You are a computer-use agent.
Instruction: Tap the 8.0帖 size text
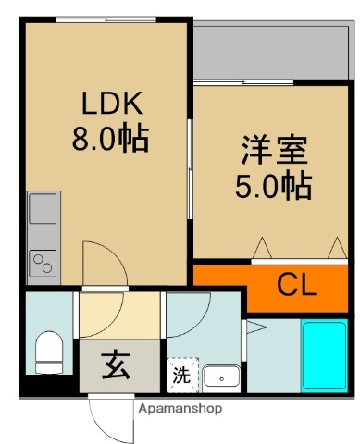click(x=109, y=141)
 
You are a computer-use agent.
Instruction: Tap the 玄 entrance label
click(x=116, y=366)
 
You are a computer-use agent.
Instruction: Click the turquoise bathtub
click(x=323, y=356)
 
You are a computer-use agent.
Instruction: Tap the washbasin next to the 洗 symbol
click(x=221, y=376)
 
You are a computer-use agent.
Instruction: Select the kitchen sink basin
click(x=43, y=210)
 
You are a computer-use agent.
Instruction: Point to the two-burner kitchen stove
click(x=43, y=262)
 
